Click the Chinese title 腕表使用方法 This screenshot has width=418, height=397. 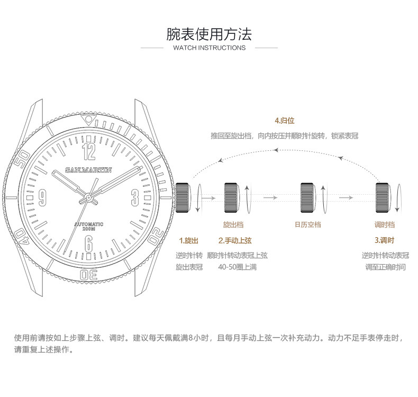[x=209, y=34]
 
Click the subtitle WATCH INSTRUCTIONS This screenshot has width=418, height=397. [x=209, y=48]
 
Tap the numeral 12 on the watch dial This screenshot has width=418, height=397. [x=89, y=152]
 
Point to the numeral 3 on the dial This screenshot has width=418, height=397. [x=134, y=197]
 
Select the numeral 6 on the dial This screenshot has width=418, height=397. [x=89, y=243]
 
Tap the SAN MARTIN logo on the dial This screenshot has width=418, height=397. [x=89, y=169]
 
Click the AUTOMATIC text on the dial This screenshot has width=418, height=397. [x=89, y=224]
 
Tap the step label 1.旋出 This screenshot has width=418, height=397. [x=188, y=240]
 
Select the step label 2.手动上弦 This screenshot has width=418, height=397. [x=237, y=240]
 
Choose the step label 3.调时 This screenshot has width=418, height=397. [x=384, y=240]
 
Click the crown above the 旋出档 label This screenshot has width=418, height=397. [x=233, y=197]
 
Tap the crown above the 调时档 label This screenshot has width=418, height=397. [x=383, y=197]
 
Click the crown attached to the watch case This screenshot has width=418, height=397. [x=183, y=197]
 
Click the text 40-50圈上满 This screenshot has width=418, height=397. [x=237, y=267]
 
